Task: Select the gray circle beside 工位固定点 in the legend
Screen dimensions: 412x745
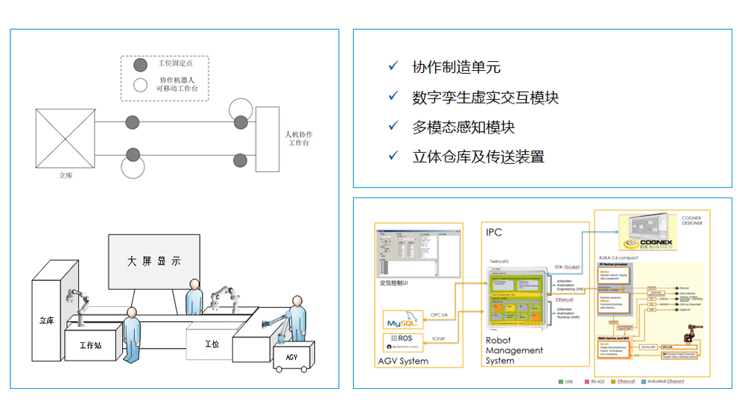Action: [140, 66]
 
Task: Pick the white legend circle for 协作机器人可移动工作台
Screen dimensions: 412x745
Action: [140, 84]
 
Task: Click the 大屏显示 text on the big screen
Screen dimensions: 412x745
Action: [153, 262]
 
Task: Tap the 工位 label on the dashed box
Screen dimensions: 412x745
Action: [212, 344]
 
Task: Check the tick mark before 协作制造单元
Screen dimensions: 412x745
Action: [393, 66]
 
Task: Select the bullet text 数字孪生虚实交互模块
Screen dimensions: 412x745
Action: [485, 97]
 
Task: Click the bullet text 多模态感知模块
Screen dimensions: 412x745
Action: [463, 127]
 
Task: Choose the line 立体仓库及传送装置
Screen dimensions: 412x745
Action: [478, 156]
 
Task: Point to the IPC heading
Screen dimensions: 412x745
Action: [493, 232]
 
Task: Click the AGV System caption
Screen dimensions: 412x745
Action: [403, 361]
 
